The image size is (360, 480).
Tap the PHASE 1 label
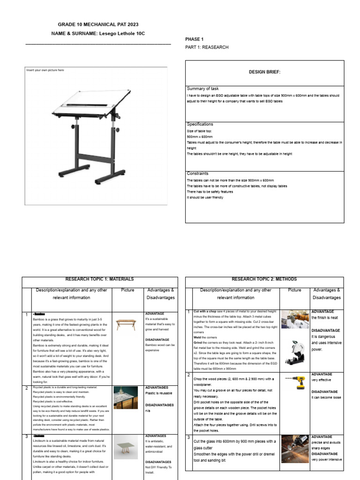[195, 39]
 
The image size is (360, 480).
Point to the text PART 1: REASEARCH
[207, 47]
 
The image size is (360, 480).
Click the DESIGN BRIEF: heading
[264, 73]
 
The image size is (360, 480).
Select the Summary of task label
[202, 89]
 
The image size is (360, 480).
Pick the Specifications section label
[200, 124]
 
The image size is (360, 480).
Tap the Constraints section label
[197, 173]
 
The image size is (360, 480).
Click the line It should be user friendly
[205, 197]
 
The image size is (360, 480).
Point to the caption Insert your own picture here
[45, 70]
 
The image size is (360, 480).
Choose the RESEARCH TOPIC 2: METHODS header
[264, 279]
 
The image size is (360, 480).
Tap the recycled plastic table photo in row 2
[127, 399]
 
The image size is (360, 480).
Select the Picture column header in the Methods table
[295, 290]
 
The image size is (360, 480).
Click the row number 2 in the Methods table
[188, 375]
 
